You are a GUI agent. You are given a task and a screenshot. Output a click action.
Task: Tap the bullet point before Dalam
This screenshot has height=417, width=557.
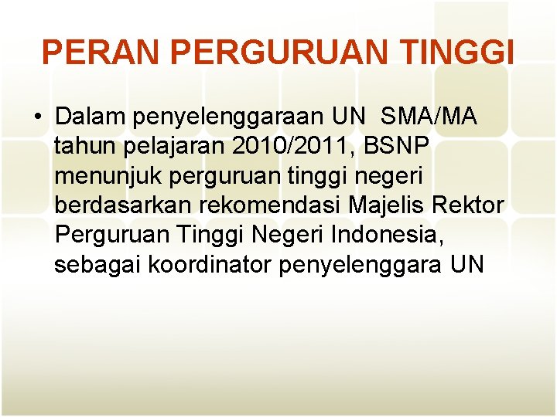pyautogui.click(x=37, y=117)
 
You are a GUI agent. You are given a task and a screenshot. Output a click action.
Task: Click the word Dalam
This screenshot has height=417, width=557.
pyautogui.click(x=91, y=117)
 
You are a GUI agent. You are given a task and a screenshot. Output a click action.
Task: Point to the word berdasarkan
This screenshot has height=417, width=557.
pyautogui.click(x=125, y=206)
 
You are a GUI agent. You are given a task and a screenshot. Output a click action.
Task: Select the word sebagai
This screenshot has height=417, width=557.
pyautogui.click(x=97, y=265)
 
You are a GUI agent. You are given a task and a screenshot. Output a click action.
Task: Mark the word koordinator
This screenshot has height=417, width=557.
pyautogui.click(x=209, y=265)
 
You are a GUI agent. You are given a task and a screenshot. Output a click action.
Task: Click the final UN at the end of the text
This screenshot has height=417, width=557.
pyautogui.click(x=466, y=265)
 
